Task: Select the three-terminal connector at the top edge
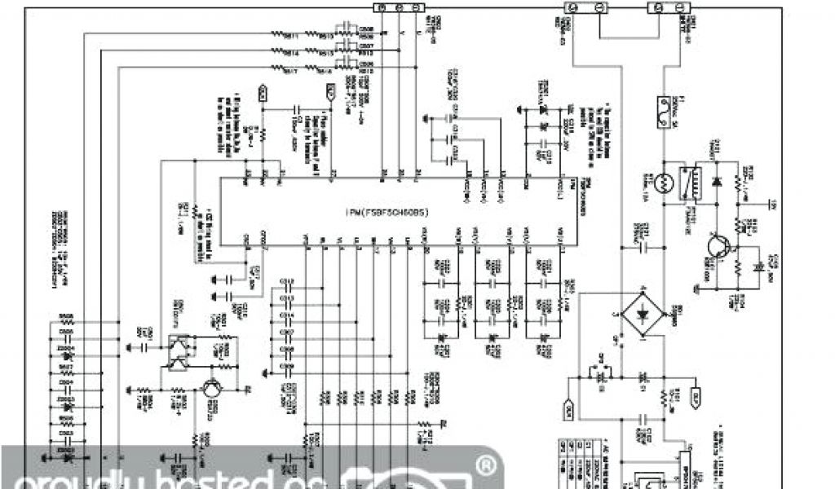[x=400, y=7]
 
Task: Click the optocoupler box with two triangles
[x=178, y=352]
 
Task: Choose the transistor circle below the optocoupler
[x=210, y=390]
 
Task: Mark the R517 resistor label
[x=290, y=72]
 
